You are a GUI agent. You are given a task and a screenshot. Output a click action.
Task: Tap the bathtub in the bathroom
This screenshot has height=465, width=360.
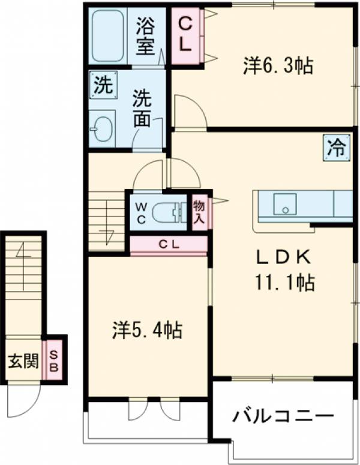(x=108, y=35)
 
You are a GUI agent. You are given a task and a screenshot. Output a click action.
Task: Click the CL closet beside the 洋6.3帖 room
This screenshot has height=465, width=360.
(x=186, y=35)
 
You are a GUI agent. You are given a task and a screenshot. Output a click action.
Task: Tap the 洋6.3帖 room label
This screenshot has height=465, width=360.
(x=278, y=65)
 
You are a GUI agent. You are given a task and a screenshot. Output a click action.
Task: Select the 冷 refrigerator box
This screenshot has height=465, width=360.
(x=338, y=147)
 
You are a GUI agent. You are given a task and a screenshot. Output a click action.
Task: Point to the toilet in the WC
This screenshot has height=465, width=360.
(x=169, y=212)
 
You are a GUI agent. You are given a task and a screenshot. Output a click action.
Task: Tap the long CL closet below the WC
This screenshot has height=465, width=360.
(x=169, y=245)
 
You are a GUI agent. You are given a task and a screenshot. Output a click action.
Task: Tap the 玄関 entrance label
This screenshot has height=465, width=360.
(x=23, y=361)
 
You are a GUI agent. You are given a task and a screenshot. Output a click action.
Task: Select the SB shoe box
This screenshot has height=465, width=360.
(x=53, y=361)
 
